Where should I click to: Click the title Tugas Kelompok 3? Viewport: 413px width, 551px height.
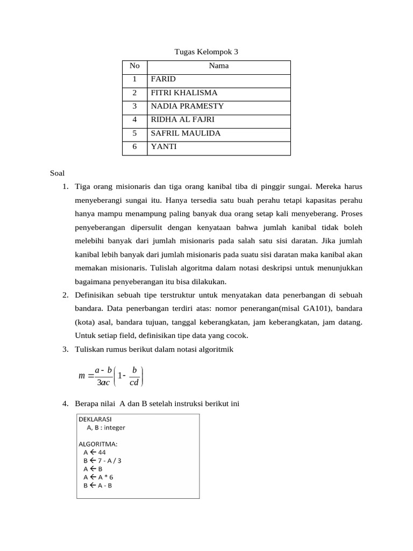coord(206,52)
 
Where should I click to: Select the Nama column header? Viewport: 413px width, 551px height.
coord(218,66)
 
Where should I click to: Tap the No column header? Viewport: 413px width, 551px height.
coord(134,66)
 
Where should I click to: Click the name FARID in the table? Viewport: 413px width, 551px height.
coord(163,79)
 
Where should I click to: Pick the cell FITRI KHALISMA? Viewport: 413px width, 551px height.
coord(184,93)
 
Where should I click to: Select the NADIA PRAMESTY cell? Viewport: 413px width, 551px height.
coord(187,106)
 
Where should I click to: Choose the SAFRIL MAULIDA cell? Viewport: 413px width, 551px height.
coord(186,133)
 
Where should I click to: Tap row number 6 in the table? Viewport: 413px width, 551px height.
coord(134,146)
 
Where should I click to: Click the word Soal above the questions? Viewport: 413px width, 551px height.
coord(57,173)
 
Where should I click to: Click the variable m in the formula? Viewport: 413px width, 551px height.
coord(82,377)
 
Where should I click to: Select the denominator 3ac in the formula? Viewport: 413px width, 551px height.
coord(103,383)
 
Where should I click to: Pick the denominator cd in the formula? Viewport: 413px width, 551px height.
coord(134,383)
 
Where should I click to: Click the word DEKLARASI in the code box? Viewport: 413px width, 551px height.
coord(95,420)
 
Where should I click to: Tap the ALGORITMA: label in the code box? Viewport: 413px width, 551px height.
coord(98,444)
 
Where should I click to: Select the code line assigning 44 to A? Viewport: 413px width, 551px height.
coord(95,453)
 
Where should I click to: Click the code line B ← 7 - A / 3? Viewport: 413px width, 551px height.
coord(103,461)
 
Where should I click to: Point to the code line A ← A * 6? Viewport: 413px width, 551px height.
coord(98,477)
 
